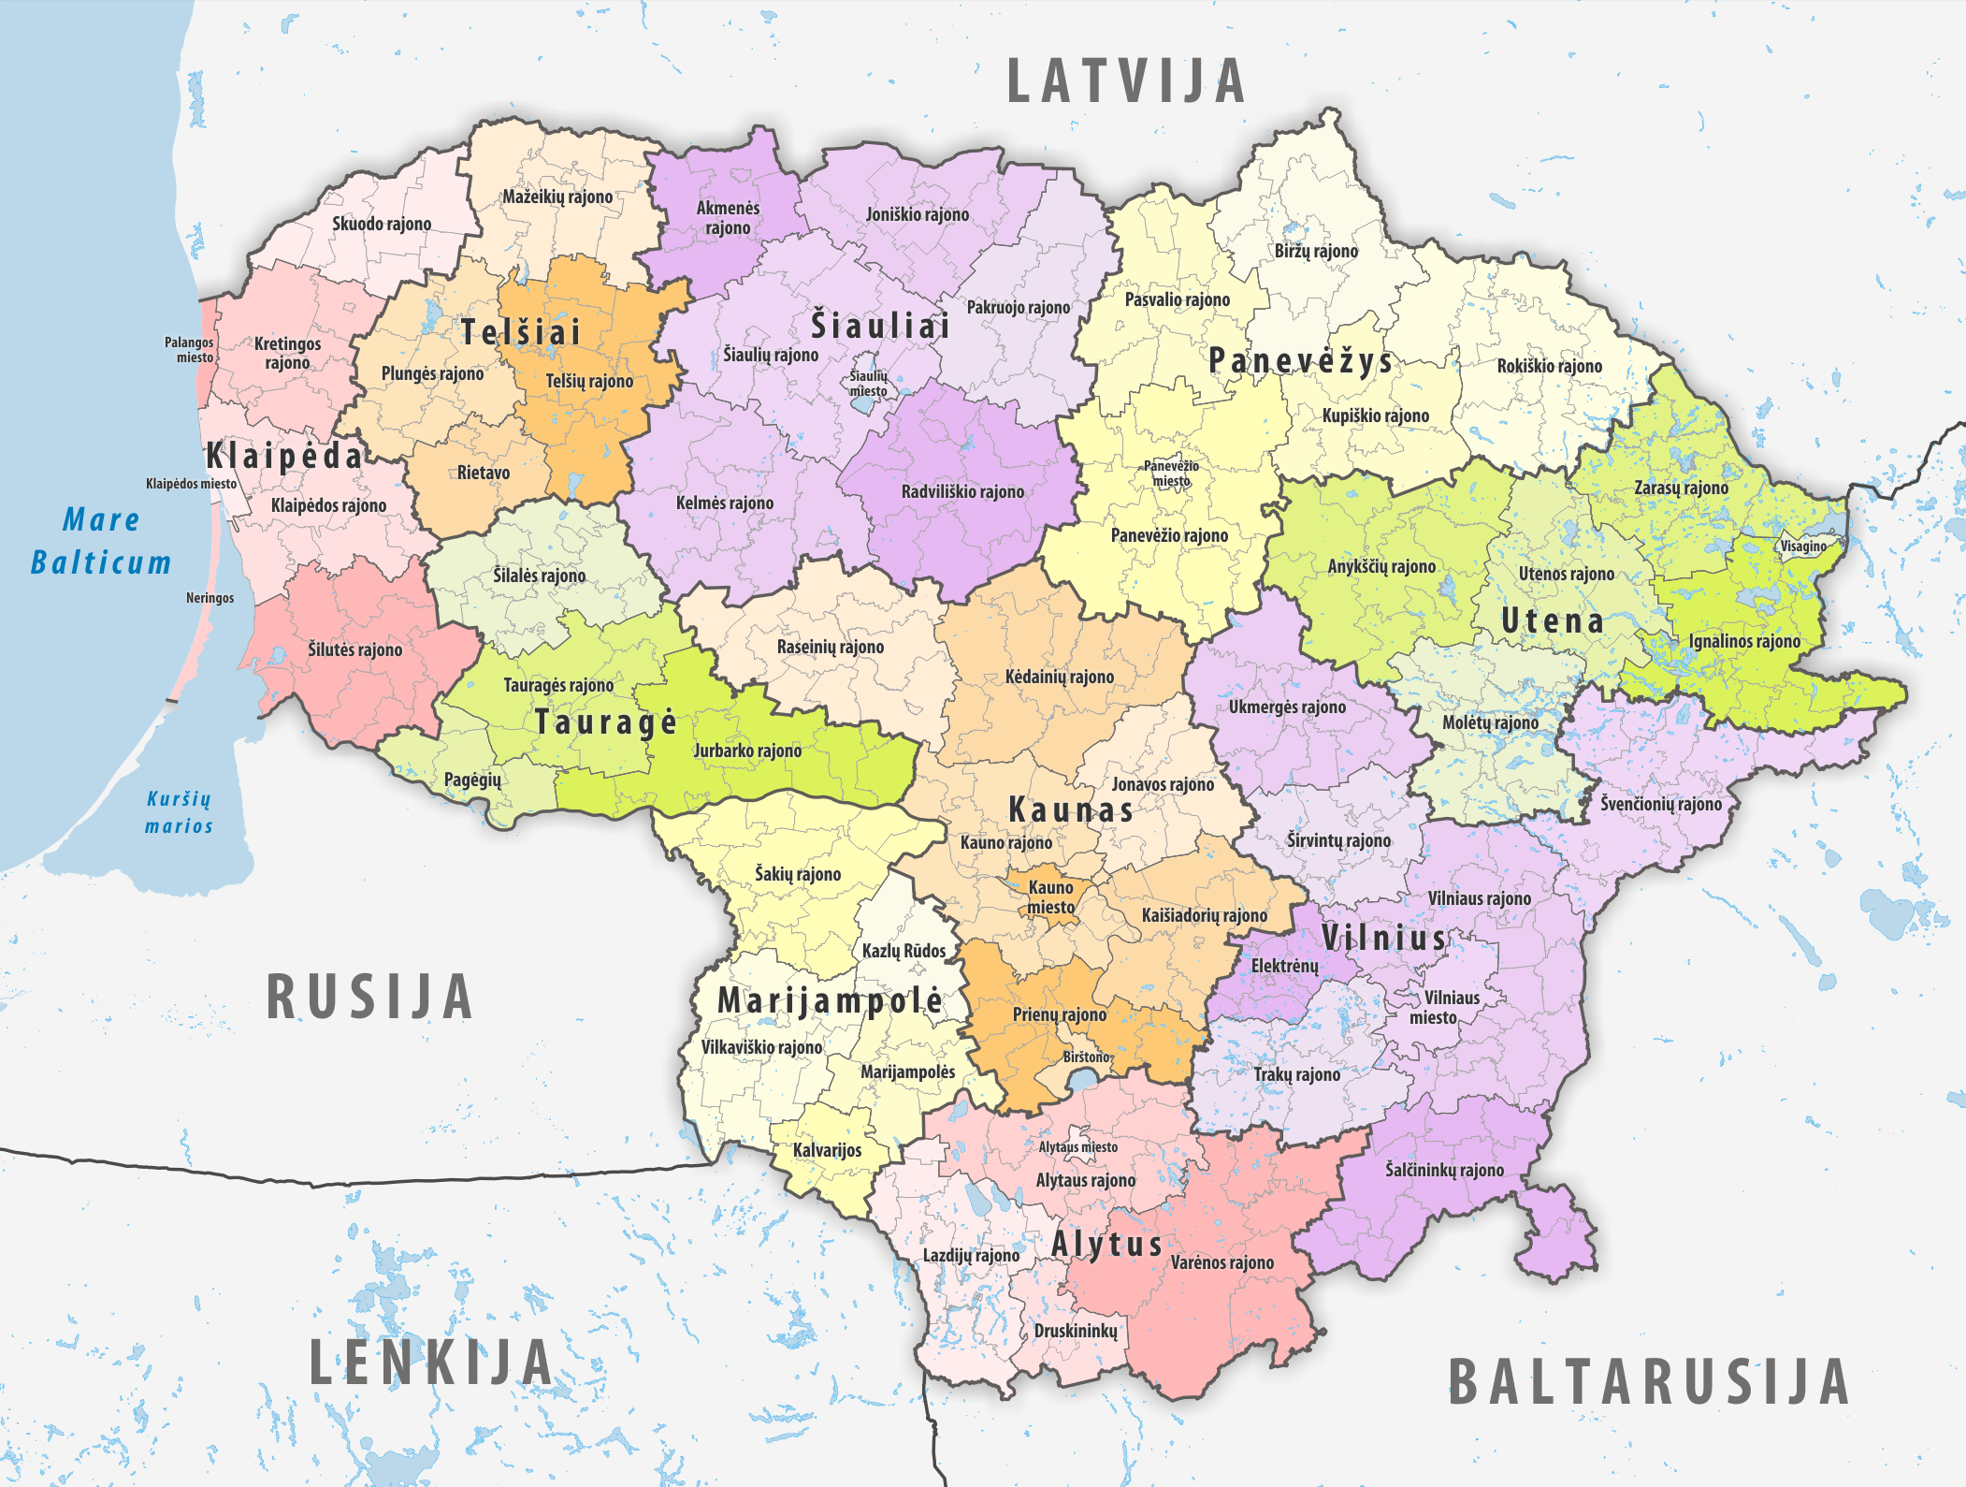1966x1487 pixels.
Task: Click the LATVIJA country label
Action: pyautogui.click(x=1126, y=81)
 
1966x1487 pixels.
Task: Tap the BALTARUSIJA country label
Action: pyautogui.click(x=1649, y=1382)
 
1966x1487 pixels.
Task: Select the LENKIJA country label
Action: pyautogui.click(x=431, y=1362)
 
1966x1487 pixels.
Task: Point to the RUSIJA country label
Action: pyautogui.click(x=369, y=997)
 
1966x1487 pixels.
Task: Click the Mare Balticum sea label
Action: pyautogui.click(x=101, y=541)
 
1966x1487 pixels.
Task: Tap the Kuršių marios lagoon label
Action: pyautogui.click(x=179, y=811)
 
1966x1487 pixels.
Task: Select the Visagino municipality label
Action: pyautogui.click(x=1803, y=547)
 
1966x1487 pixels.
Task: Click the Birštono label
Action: pyautogui.click(x=1086, y=1057)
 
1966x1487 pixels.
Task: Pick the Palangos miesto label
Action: pyautogui.click(x=190, y=350)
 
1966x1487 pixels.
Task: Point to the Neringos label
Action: pyautogui.click(x=210, y=598)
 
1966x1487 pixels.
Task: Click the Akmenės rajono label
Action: pyautogui.click(x=728, y=218)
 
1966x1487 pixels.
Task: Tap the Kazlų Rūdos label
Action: pyautogui.click(x=903, y=951)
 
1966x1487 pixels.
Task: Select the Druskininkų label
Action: pyautogui.click(x=1076, y=1330)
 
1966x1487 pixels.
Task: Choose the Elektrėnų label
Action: pyautogui.click(x=1284, y=966)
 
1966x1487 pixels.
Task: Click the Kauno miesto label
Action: pyautogui.click(x=1050, y=897)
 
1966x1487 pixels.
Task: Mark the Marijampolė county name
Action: pyautogui.click(x=830, y=1000)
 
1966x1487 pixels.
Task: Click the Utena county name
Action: pyautogui.click(x=1553, y=620)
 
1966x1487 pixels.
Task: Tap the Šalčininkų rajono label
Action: pyautogui.click(x=1444, y=1170)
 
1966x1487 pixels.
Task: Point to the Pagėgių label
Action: pyautogui.click(x=472, y=780)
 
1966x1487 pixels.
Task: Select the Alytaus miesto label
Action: pyautogui.click(x=1077, y=1146)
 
